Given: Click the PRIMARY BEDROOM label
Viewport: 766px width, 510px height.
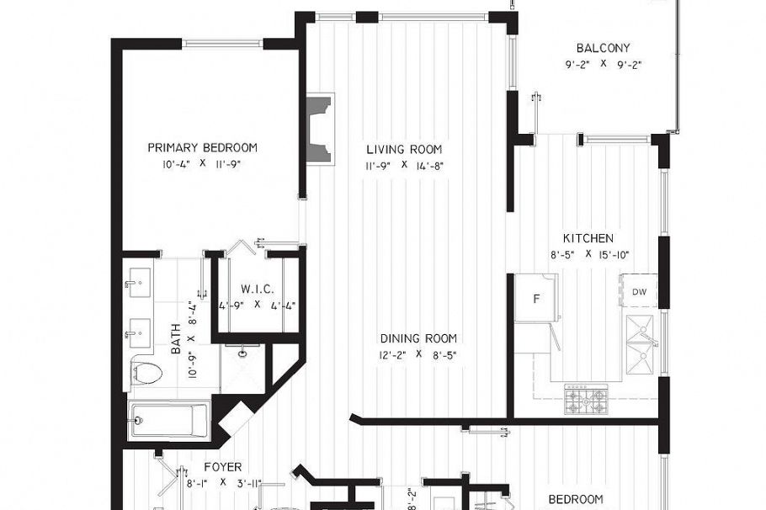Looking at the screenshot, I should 202,147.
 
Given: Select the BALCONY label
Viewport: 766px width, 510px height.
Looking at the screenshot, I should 603,48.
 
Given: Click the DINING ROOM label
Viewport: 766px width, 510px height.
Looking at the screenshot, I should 418,338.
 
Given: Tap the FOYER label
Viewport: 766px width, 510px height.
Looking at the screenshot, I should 223,466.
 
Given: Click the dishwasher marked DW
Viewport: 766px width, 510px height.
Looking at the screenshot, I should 639,291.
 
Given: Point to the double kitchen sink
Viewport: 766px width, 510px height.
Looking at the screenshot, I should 641,345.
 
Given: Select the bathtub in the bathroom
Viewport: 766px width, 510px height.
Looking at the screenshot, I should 169,420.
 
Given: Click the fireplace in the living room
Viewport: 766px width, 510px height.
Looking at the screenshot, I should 319,128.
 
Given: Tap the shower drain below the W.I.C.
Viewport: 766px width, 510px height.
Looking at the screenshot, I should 243,353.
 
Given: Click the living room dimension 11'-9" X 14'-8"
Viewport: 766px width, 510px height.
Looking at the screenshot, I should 403,166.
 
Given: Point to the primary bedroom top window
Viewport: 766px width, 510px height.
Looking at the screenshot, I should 222,44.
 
